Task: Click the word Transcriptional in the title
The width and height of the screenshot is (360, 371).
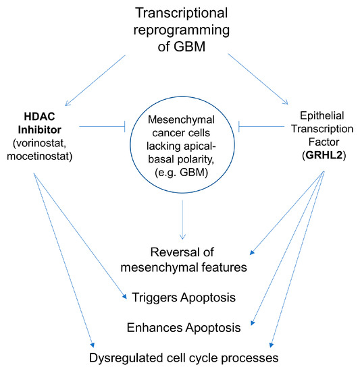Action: point(180,13)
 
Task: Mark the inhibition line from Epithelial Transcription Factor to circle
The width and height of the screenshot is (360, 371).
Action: point(259,125)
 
